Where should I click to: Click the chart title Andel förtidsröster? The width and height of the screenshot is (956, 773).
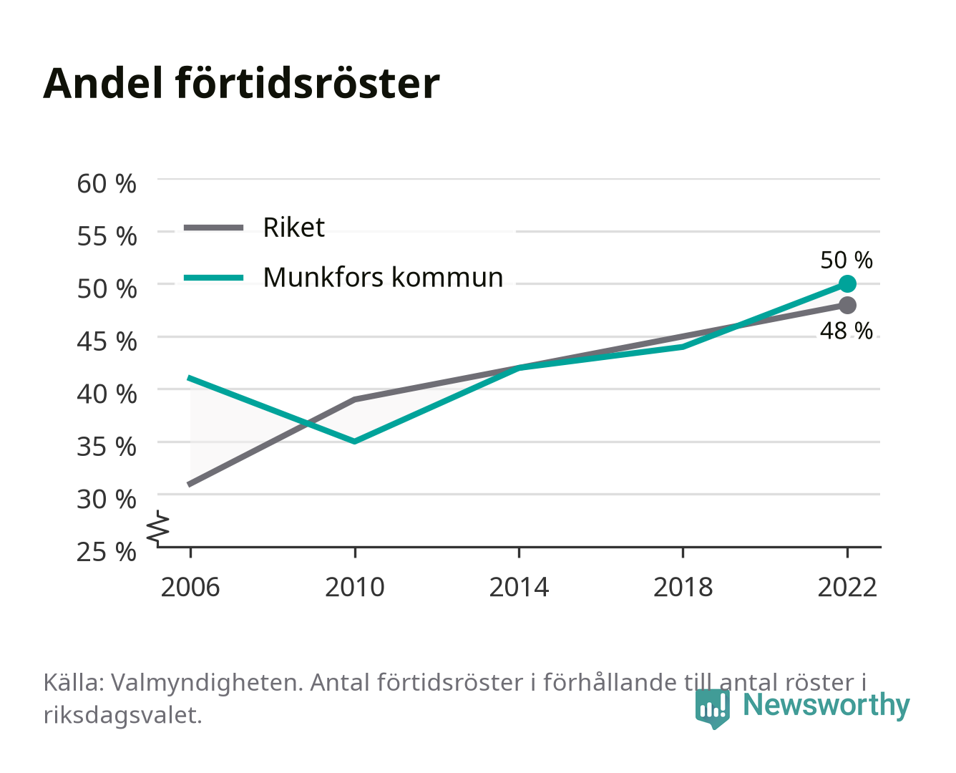[241, 84]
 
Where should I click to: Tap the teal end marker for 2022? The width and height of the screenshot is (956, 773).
[847, 283]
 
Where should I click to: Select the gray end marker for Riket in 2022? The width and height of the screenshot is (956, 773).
[847, 305]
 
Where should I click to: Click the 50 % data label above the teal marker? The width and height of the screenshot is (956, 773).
[846, 260]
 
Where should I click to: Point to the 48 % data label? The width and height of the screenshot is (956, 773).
[846, 331]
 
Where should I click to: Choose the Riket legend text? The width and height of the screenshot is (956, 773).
[293, 227]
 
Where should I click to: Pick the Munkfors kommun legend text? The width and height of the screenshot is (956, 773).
[383, 277]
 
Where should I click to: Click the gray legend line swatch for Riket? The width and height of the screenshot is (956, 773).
[214, 228]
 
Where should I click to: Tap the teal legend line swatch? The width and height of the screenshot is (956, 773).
[214, 278]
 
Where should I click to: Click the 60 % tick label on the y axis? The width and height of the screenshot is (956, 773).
[107, 184]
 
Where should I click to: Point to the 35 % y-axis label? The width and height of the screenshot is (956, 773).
[107, 447]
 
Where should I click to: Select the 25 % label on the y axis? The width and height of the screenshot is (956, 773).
[107, 552]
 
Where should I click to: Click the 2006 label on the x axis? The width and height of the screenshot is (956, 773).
[190, 587]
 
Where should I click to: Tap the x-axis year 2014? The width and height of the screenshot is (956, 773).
[519, 587]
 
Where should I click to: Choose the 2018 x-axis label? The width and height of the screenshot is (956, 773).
[683, 587]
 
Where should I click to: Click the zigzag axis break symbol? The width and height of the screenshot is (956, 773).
[158, 528]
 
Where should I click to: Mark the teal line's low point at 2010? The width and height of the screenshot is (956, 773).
[355, 442]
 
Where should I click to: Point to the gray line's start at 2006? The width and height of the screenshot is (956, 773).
[190, 485]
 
